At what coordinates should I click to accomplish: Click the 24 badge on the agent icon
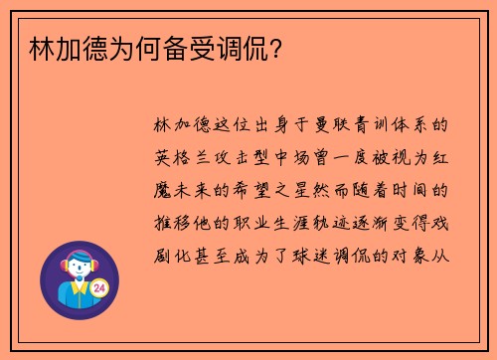pos(99,288)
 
